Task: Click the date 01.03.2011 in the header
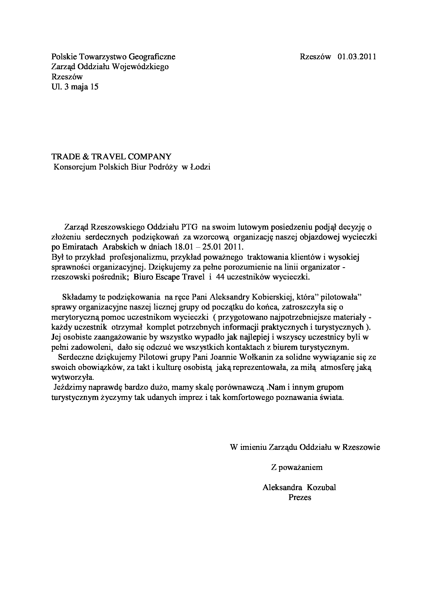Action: tap(357, 57)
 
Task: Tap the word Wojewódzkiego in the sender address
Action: tap(140, 67)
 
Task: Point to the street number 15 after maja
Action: tap(94, 87)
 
